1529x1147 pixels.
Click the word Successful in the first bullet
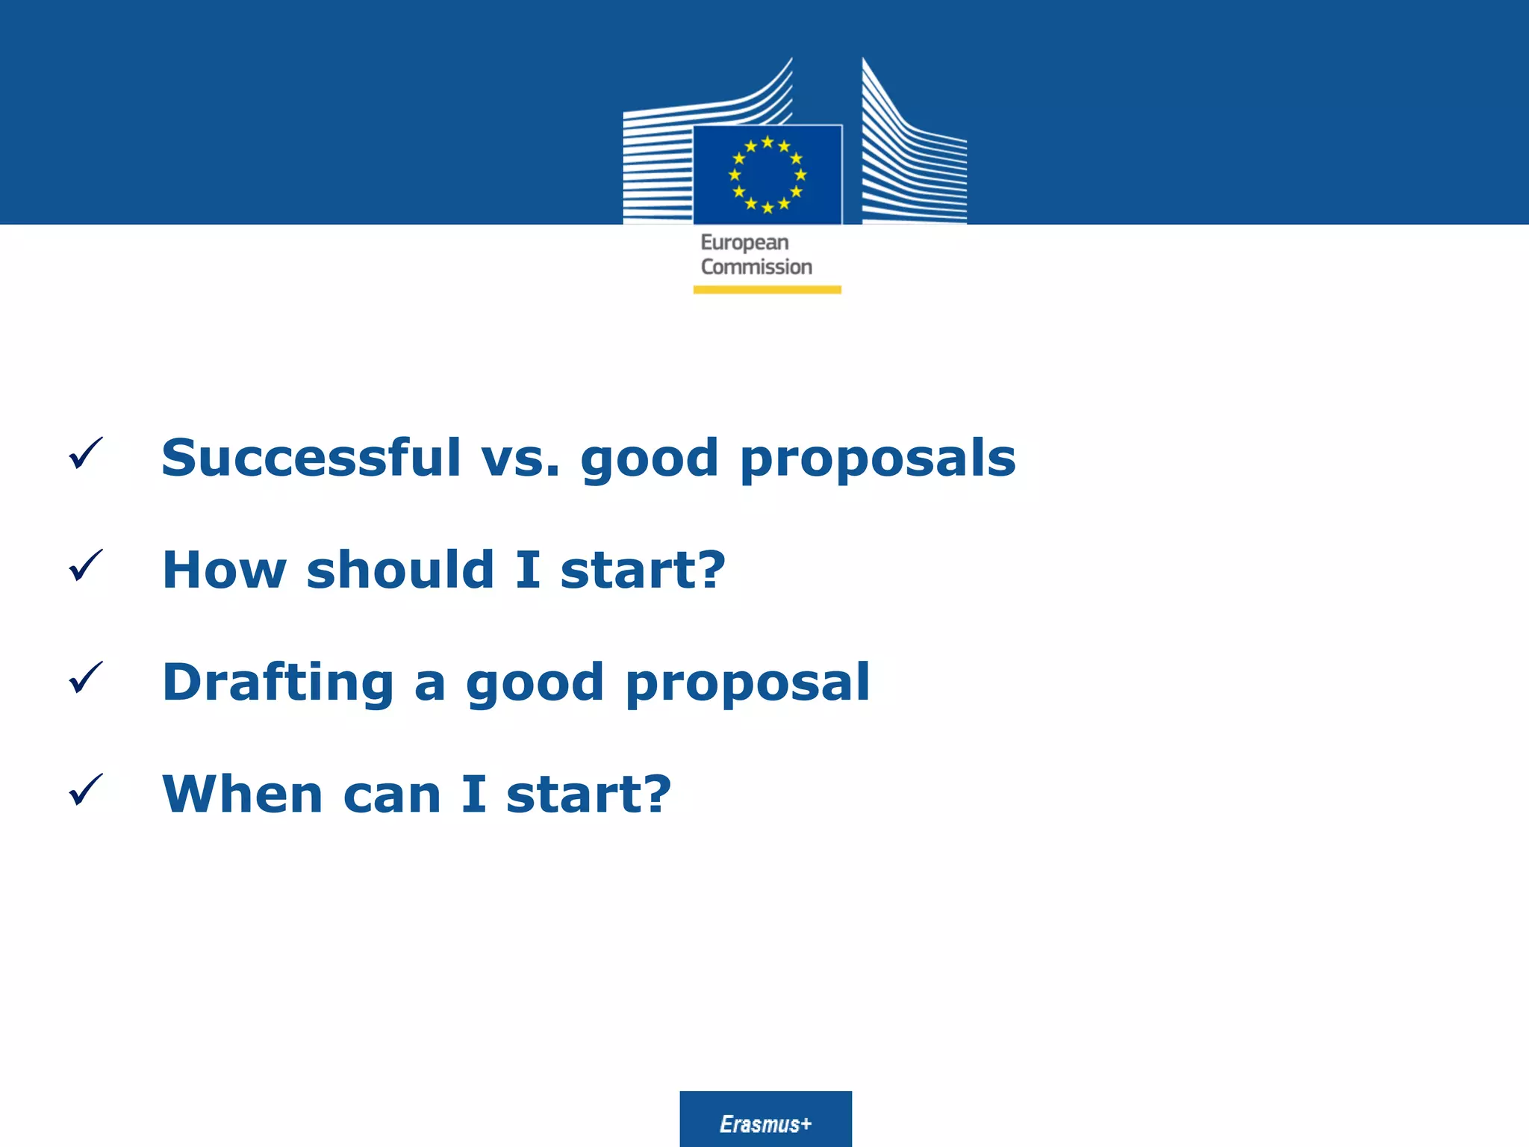pyautogui.click(x=311, y=457)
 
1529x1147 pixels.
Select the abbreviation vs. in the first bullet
pyautogui.click(x=520, y=459)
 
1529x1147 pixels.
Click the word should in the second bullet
pyautogui.click(x=400, y=569)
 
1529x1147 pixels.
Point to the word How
pyautogui.click(x=224, y=571)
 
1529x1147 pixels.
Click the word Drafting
pyautogui.click(x=278, y=683)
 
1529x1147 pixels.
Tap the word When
pyautogui.click(x=243, y=794)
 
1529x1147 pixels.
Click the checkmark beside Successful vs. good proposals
pyautogui.click(x=85, y=453)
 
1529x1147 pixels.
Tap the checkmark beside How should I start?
pyautogui.click(x=85, y=565)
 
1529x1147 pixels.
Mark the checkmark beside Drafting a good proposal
pyautogui.click(x=85, y=677)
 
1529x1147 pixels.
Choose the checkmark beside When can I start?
pyautogui.click(x=85, y=789)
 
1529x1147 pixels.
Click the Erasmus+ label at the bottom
pyautogui.click(x=765, y=1124)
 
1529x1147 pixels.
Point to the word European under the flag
pyautogui.click(x=744, y=243)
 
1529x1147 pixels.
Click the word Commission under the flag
pyautogui.click(x=756, y=267)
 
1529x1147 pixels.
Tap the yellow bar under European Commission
pyautogui.click(x=767, y=290)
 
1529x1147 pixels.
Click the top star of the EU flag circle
pyautogui.click(x=767, y=142)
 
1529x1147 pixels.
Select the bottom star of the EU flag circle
pyautogui.click(x=767, y=208)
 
